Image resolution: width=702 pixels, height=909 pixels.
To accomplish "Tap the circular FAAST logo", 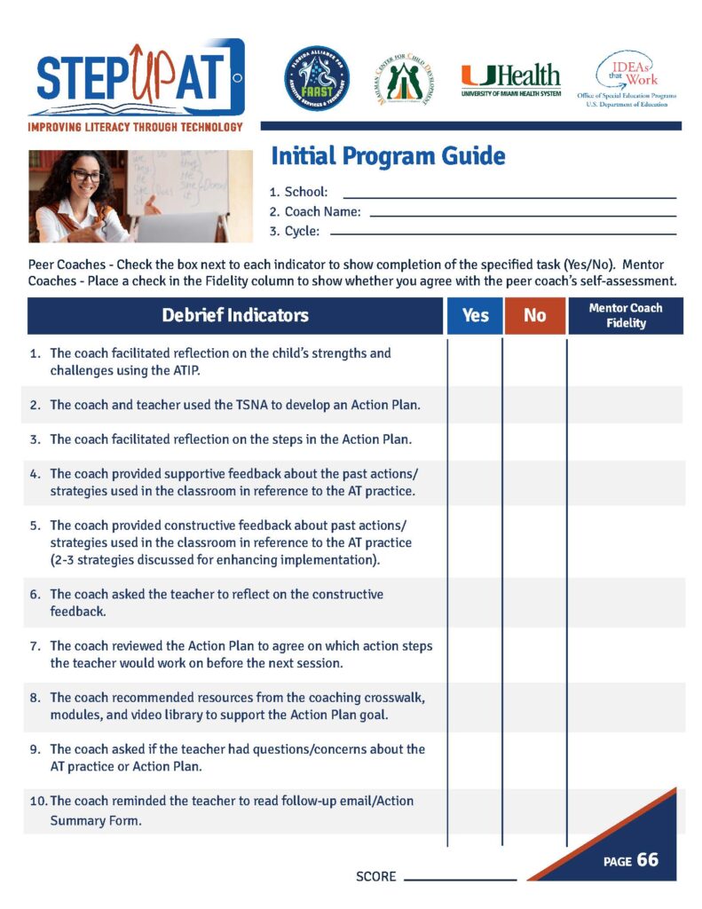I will click(x=317, y=78).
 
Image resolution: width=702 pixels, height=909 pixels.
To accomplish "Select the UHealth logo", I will click(x=510, y=80).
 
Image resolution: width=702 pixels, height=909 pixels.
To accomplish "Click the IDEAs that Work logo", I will click(x=627, y=78).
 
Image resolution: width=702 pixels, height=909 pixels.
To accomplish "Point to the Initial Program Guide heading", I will click(x=388, y=157).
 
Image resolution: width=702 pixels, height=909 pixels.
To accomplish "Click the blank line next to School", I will click(x=509, y=196).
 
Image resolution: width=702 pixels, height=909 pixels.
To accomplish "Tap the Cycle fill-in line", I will click(x=502, y=234).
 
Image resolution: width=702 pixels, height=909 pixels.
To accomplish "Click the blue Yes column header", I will click(x=475, y=316).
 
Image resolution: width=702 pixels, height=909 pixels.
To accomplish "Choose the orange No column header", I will click(x=535, y=316).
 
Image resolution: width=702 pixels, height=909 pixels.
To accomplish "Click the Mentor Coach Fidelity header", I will click(x=625, y=316).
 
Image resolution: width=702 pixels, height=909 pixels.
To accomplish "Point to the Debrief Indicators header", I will click(x=235, y=316).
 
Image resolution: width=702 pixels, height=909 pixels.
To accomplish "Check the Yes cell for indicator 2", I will click(x=475, y=405).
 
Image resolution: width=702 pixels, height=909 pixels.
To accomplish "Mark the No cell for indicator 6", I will click(x=535, y=602).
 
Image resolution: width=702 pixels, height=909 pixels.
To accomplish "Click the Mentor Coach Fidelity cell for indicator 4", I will click(x=625, y=483).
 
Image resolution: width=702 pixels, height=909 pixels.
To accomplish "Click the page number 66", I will click(x=648, y=860).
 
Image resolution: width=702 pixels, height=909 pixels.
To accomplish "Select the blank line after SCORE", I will click(x=460, y=879).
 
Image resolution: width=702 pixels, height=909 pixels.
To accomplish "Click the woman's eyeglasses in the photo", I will click(x=87, y=177).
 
